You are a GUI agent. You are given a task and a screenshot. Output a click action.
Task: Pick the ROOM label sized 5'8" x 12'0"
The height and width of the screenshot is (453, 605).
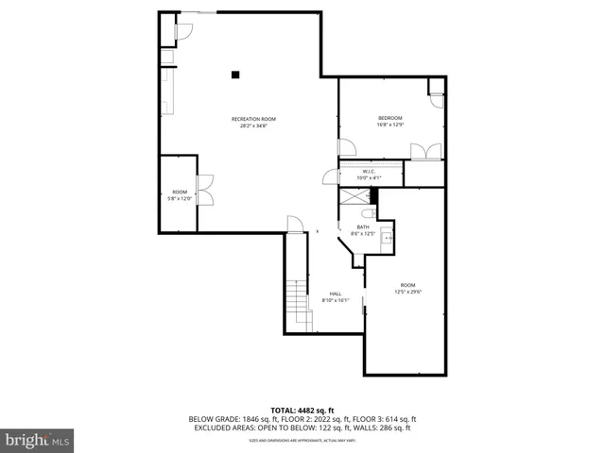point(180,194)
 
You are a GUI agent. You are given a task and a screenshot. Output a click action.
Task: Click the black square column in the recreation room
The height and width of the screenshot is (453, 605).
point(236,74)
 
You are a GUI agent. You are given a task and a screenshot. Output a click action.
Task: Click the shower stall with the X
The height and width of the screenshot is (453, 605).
point(354,195)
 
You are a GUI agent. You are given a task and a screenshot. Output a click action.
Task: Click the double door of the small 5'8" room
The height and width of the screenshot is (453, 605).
point(204,191)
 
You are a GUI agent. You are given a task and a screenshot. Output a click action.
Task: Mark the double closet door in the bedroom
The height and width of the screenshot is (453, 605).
point(426,151)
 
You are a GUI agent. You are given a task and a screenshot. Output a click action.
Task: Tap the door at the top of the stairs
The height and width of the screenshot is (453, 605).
point(295,225)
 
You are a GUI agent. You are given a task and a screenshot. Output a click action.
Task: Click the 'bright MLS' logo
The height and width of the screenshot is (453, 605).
point(38,440)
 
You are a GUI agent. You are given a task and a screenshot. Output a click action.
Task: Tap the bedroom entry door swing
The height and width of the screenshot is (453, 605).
point(347,148)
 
